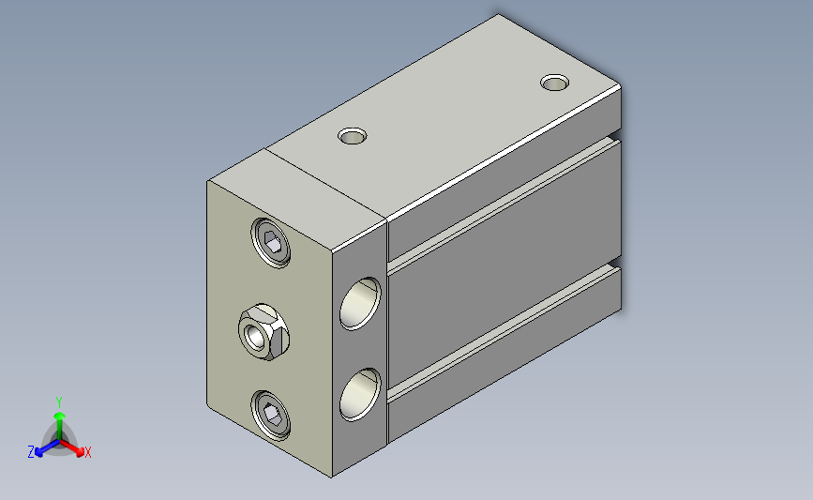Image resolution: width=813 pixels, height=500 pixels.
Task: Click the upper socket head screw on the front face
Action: coord(271,243)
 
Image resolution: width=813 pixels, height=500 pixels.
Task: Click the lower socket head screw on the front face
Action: coord(271,416)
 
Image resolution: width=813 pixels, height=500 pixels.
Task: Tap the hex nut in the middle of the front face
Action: coord(263,332)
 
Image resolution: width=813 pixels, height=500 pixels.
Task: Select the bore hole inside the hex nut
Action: coord(256,336)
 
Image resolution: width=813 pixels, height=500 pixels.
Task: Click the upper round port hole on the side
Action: coord(360,303)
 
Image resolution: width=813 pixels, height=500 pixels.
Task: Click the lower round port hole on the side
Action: coord(360,395)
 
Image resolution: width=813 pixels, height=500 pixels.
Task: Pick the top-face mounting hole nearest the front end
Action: coord(352,136)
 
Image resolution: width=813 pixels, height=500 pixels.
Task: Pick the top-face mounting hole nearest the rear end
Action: coord(555,83)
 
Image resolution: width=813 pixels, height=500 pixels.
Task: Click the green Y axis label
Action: coord(59,402)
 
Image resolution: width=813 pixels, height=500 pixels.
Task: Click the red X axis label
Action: coord(87,452)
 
